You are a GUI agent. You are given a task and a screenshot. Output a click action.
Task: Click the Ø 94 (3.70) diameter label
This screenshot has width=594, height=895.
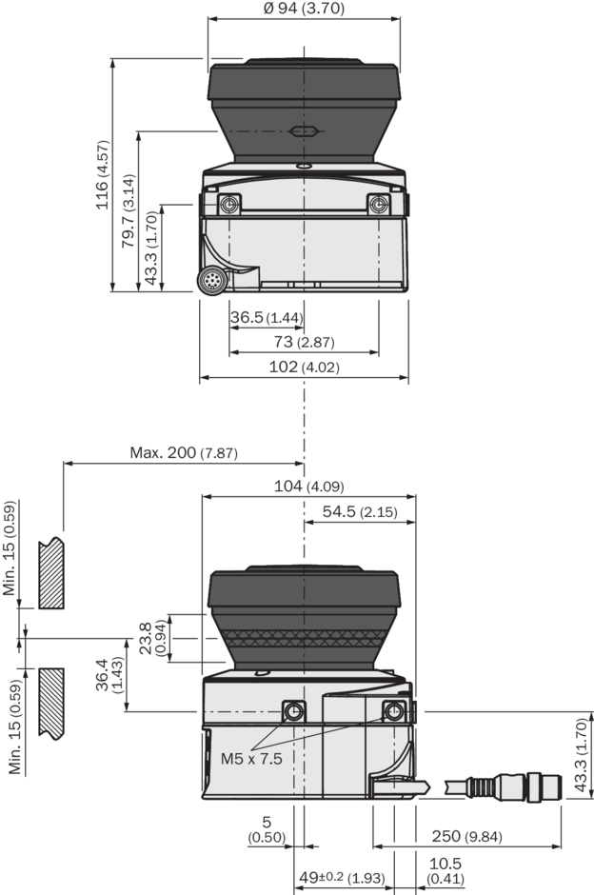pos(301,9)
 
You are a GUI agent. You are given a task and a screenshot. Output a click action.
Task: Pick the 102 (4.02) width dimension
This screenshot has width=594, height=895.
pos(305,367)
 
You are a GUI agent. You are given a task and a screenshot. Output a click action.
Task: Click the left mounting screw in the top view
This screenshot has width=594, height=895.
pos(228,205)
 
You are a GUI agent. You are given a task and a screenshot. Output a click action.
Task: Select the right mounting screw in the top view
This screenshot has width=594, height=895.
pos(379,205)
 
